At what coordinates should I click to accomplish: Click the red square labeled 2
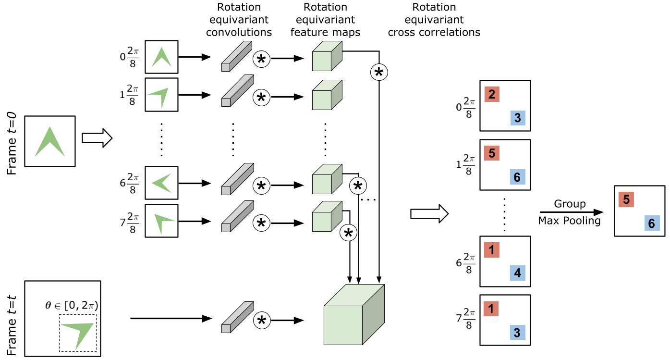[x=492, y=95]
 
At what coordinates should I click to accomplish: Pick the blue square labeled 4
[x=517, y=273]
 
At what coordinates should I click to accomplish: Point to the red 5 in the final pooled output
[x=626, y=199]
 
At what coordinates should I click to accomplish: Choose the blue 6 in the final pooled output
[x=651, y=223]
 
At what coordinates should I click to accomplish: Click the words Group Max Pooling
[x=570, y=212]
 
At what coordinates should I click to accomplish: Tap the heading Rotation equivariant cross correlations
[x=434, y=20]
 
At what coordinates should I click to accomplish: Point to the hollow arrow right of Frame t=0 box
[x=97, y=139]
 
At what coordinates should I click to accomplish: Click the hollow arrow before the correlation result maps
[x=429, y=213]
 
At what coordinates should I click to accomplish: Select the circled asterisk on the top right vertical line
[x=378, y=72]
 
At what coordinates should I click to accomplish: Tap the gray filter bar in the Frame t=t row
[x=237, y=313]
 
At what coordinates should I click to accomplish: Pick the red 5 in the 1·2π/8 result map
[x=492, y=153]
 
